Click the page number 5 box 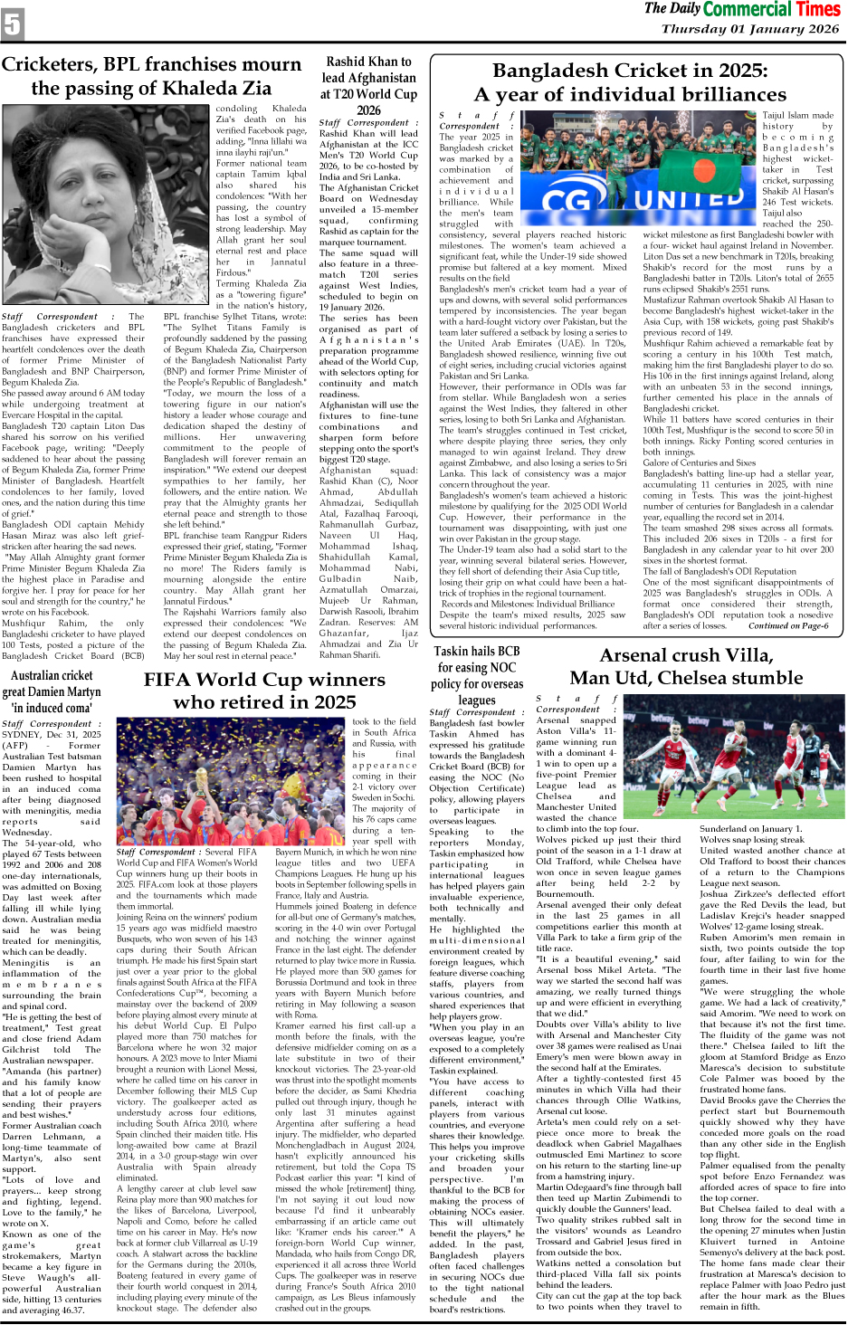pyautogui.click(x=13, y=24)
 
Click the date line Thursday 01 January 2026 pyautogui.click(x=750, y=29)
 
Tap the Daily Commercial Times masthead pyautogui.click(x=742, y=10)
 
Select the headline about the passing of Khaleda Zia pyautogui.click(x=151, y=76)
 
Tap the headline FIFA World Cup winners pyautogui.click(x=264, y=680)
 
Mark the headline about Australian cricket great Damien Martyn pyautogui.click(x=52, y=683)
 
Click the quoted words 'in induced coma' pyautogui.click(x=52, y=708)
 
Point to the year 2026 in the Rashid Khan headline pyautogui.click(x=368, y=110)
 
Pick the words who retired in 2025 pyautogui.click(x=264, y=702)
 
